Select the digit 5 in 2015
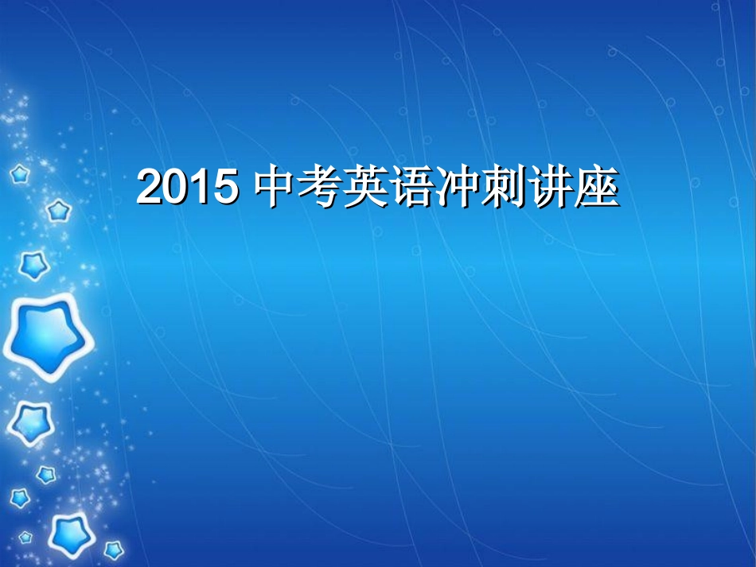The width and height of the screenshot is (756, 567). [x=225, y=188]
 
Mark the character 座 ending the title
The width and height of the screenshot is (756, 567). [x=598, y=188]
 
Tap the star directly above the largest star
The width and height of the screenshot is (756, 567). [x=33, y=265]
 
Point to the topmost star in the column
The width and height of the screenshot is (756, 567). [x=19, y=174]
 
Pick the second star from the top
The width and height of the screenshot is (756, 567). [x=57, y=211]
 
